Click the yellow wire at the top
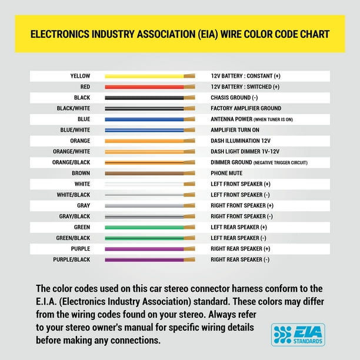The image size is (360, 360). click(144, 76)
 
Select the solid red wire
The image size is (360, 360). click(144, 87)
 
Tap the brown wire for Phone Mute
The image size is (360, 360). click(144, 174)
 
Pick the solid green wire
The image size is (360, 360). click(144, 227)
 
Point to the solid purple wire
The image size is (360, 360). click(144, 249)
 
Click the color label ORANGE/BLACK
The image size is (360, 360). click(71, 162)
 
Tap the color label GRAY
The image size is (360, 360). click(84, 206)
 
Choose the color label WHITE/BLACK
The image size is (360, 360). click(74, 195)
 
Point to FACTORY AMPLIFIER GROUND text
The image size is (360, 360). click(246, 108)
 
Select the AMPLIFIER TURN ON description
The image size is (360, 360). click(235, 130)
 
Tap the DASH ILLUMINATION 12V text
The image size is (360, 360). click(241, 141)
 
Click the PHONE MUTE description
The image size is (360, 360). click(226, 174)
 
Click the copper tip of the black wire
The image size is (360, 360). click(189, 98)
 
